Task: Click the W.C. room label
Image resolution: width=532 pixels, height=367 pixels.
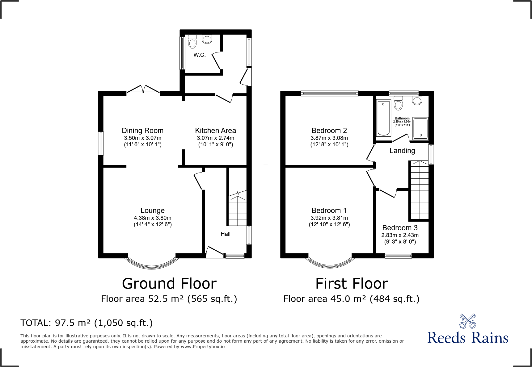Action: coord(200,55)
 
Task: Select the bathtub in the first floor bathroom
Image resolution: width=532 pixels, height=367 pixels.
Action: coord(383,118)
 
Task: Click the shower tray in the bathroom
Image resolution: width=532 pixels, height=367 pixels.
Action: coord(420,128)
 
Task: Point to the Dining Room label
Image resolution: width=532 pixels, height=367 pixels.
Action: coord(142,131)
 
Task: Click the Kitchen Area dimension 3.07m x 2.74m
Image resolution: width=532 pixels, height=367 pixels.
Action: coord(215,138)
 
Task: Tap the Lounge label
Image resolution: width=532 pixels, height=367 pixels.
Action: coord(152,211)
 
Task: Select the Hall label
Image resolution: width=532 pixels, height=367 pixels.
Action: coord(226,234)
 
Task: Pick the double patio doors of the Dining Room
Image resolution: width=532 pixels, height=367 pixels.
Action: coord(143,90)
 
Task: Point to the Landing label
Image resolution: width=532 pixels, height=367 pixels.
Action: coord(402,151)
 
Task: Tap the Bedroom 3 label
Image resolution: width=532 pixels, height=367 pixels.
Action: coord(400,228)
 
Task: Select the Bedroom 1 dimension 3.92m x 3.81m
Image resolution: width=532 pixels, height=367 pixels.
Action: coord(329,218)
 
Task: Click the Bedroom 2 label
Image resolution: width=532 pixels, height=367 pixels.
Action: coord(329,131)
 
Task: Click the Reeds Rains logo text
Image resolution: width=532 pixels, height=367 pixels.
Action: coord(467,337)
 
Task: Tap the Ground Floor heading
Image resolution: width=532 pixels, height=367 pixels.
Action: coord(169,284)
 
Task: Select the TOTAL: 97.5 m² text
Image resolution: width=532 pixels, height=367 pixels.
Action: coord(87,323)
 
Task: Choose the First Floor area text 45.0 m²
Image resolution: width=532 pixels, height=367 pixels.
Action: coord(351,299)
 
